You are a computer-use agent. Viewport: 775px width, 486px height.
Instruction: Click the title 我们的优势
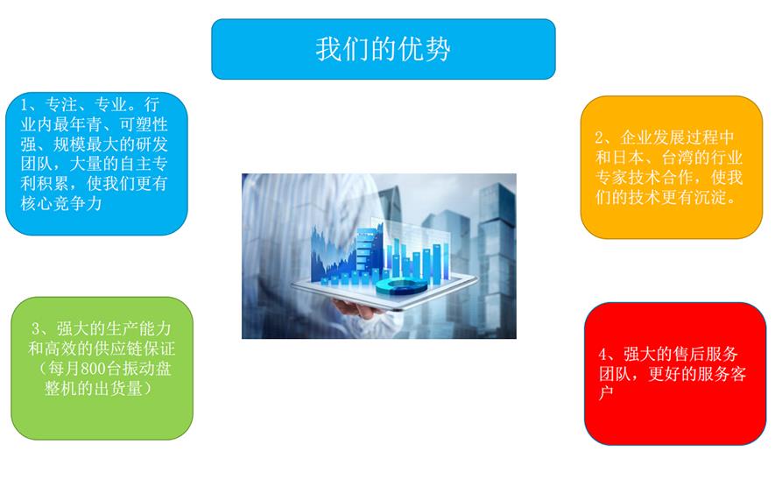click(x=383, y=49)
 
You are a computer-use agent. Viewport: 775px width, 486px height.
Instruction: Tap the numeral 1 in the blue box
click(x=25, y=105)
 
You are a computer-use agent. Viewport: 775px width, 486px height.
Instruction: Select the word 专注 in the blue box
click(x=60, y=105)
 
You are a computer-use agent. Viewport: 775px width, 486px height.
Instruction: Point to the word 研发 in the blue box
click(x=151, y=144)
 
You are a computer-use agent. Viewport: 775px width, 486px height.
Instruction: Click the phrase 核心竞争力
click(x=61, y=203)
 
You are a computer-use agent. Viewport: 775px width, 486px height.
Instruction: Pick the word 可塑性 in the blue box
click(x=144, y=124)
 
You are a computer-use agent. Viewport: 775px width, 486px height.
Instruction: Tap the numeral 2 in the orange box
click(x=599, y=137)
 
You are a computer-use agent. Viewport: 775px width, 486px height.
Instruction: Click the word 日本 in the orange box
click(x=628, y=158)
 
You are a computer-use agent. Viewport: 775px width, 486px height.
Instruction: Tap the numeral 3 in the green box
click(x=36, y=328)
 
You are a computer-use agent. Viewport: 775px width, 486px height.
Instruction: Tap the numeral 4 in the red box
click(x=602, y=355)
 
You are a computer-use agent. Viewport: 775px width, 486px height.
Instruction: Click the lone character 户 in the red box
click(x=607, y=393)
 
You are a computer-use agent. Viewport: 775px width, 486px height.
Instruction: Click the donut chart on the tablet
click(x=401, y=286)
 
